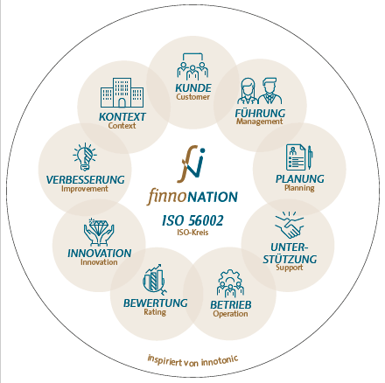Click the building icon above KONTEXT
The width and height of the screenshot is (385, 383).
click(122, 93)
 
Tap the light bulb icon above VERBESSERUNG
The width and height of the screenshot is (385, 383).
click(85, 157)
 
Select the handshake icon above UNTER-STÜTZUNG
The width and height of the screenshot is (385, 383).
click(289, 225)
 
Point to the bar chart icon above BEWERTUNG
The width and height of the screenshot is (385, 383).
click(155, 280)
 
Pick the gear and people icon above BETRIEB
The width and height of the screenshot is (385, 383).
click(230, 283)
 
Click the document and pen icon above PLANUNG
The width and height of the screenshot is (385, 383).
click(299, 157)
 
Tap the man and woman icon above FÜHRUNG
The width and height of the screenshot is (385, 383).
click(259, 91)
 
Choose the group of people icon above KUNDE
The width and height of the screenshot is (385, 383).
click(192, 66)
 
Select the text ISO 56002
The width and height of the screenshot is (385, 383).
click(192, 220)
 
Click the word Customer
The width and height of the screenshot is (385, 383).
click(192, 97)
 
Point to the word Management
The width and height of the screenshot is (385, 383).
click(259, 122)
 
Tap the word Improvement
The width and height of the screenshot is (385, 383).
click(85, 189)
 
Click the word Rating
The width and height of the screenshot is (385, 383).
click(155, 312)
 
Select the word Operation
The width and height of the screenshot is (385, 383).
click(230, 314)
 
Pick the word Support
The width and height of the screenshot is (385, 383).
click(290, 268)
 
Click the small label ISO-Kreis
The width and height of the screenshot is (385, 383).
click(192, 233)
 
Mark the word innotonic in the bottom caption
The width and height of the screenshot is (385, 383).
click(220, 360)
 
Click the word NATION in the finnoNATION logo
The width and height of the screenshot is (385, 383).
click(212, 198)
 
